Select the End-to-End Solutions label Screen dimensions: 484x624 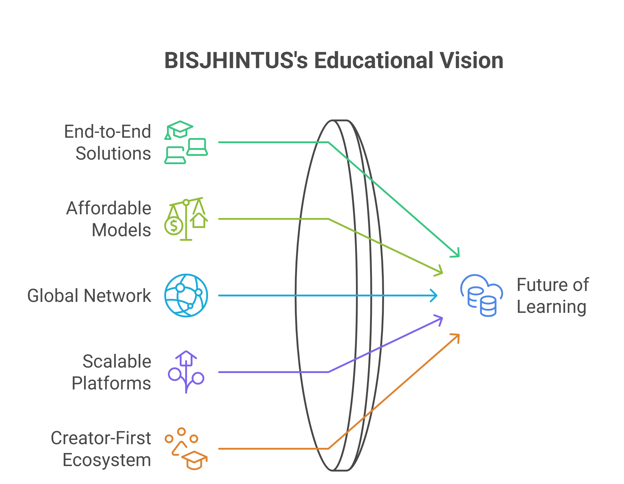[108, 142]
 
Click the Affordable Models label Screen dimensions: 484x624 [109, 219]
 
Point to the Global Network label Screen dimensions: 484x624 [89, 296]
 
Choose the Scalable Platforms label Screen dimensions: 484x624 [111, 372]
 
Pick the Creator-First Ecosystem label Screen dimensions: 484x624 [101, 449]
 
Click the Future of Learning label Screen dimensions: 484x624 [553, 296]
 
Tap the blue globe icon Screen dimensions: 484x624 [186, 296]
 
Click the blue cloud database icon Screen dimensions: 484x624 [482, 296]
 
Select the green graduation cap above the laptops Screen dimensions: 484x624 [180, 129]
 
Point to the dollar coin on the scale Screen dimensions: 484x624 [174, 226]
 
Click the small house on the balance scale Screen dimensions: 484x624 [199, 220]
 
